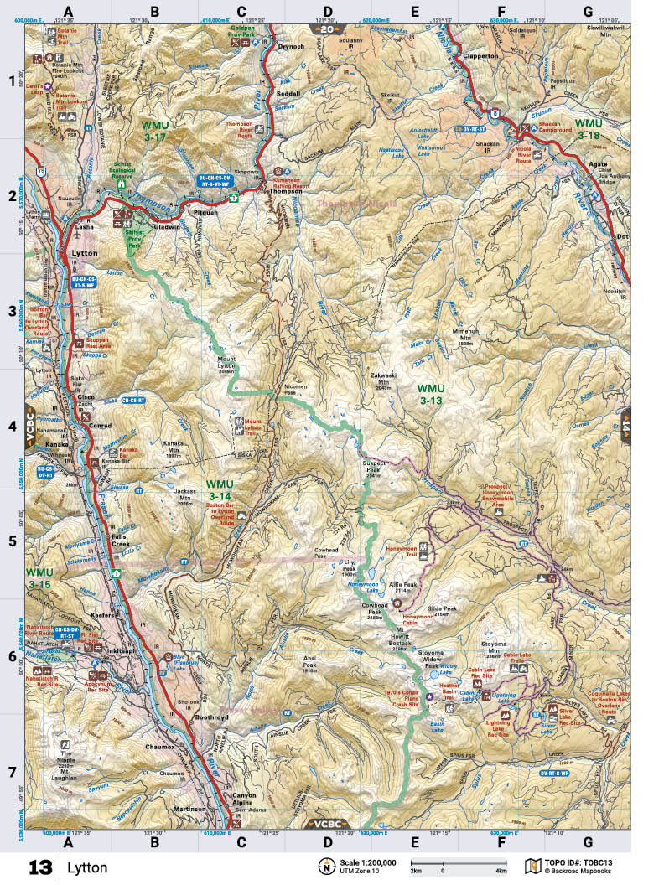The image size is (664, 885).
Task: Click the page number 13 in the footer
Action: pos(39,867)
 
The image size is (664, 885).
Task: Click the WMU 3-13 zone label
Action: pos(431,395)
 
